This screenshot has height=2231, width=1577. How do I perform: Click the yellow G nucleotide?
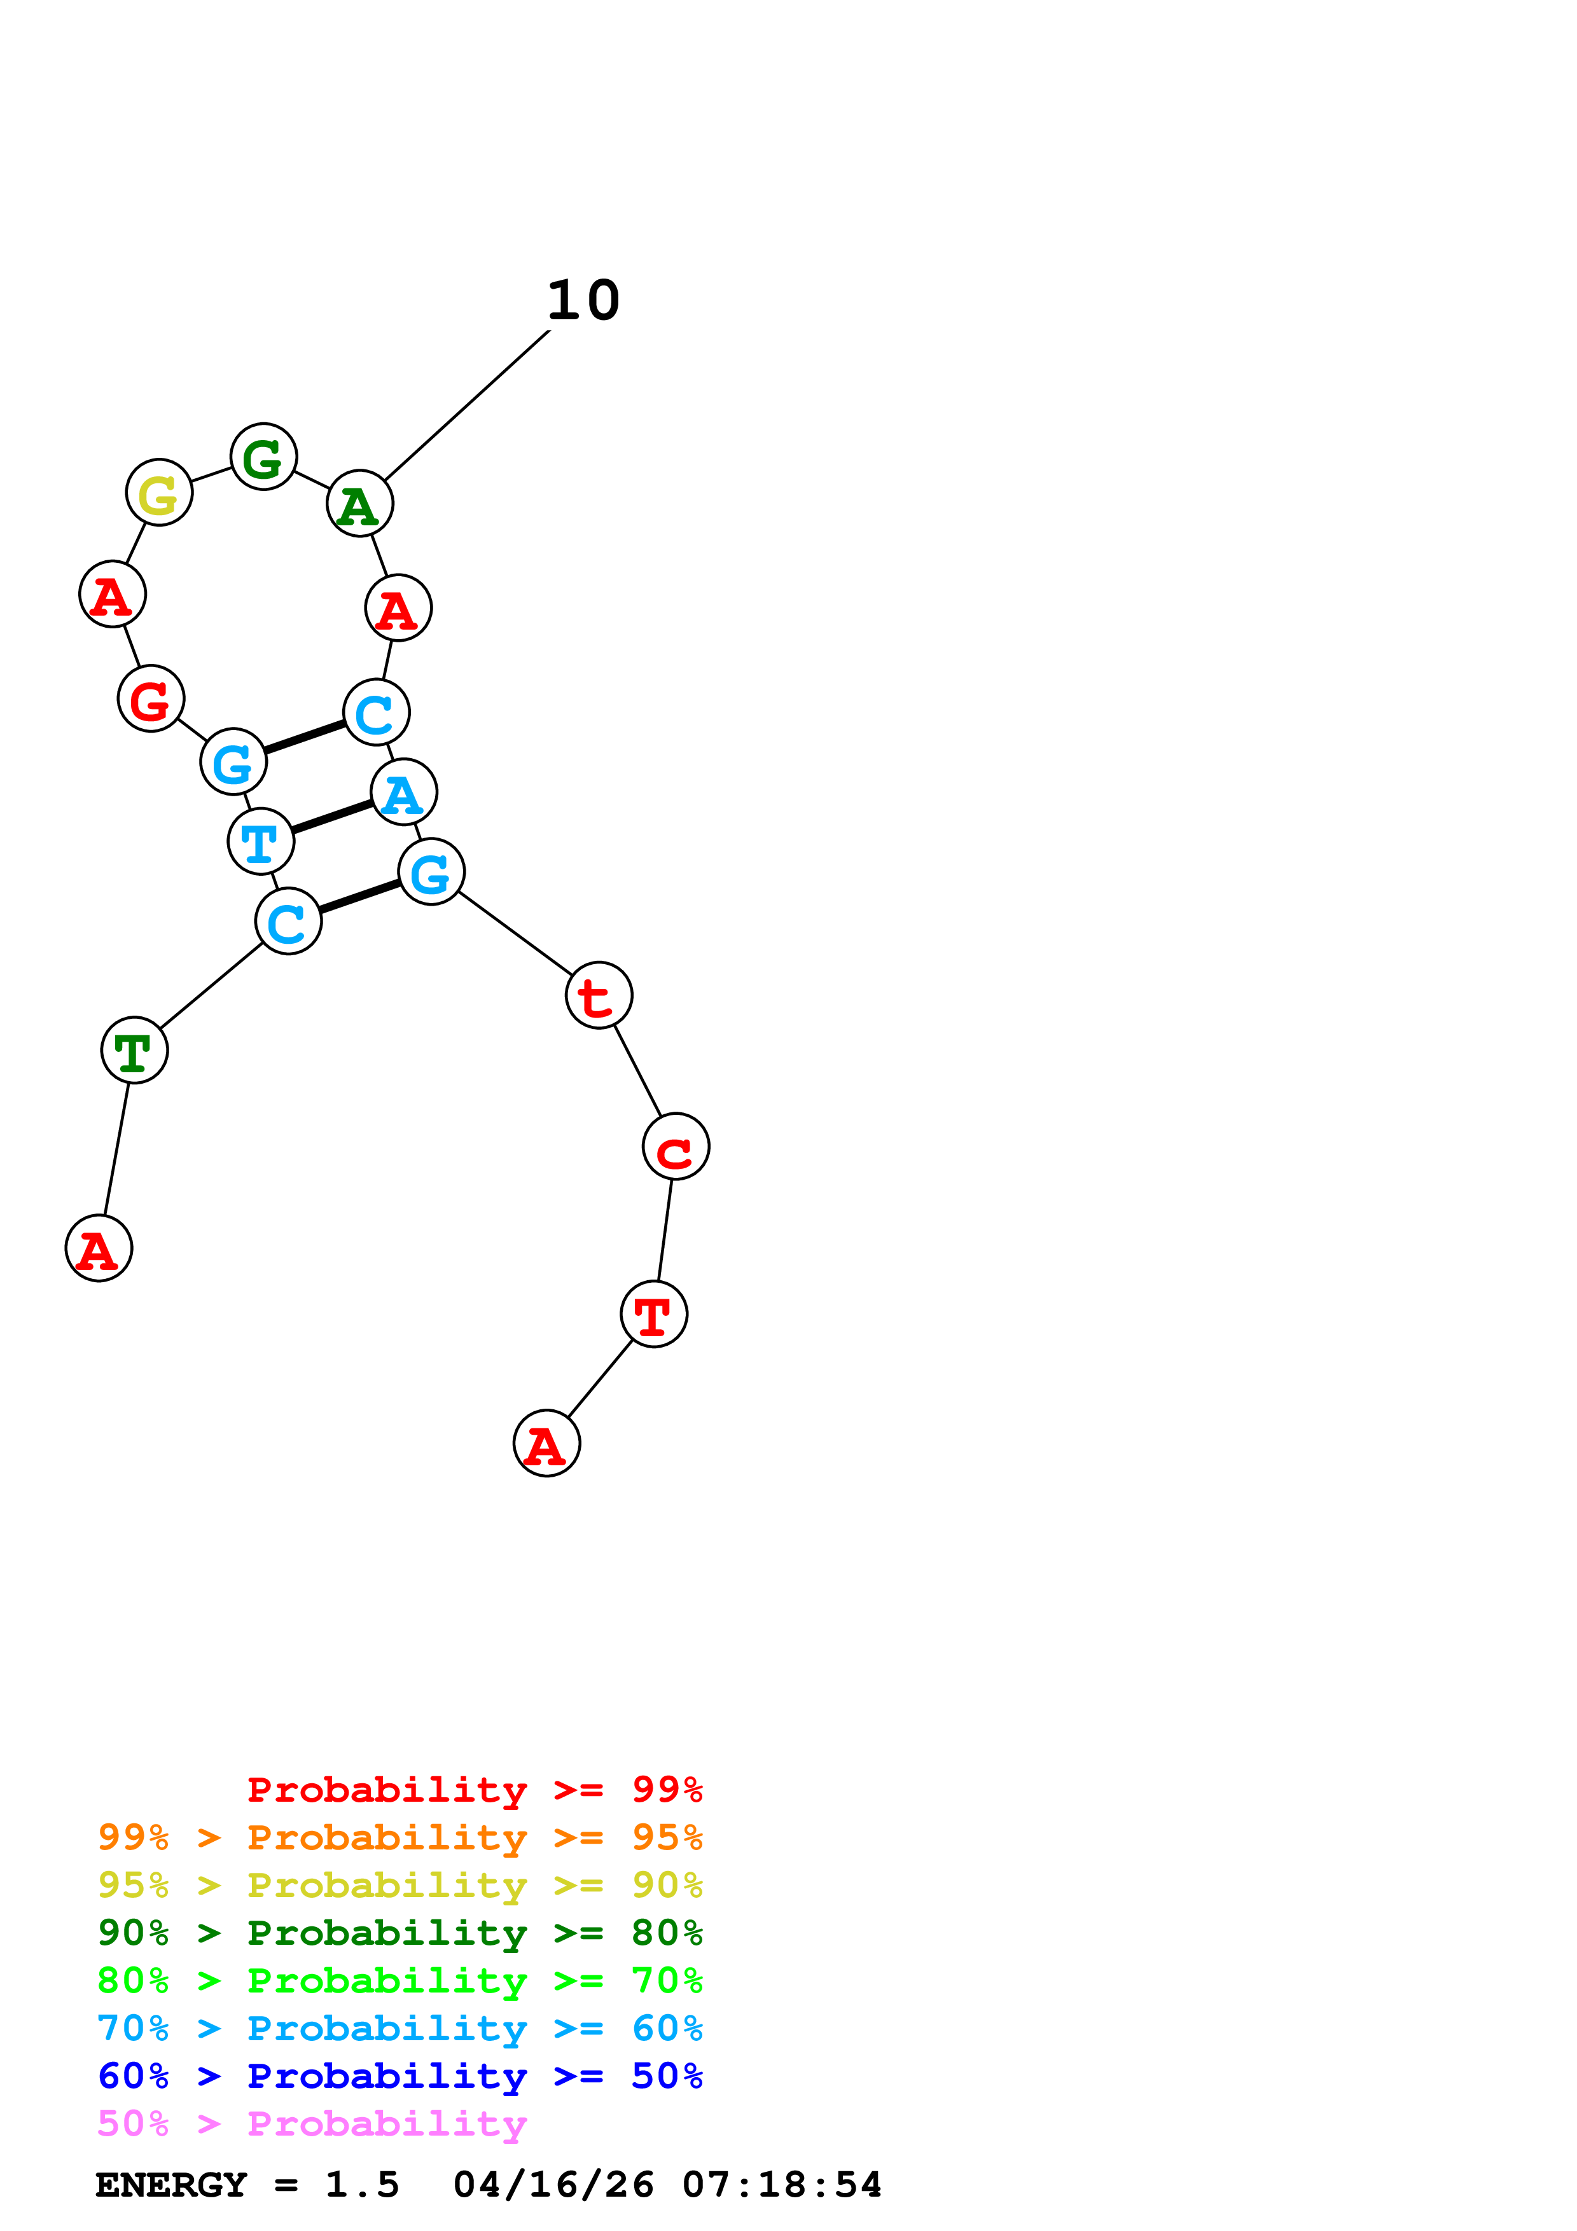click(159, 493)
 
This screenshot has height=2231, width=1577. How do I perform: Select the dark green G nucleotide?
click(263, 457)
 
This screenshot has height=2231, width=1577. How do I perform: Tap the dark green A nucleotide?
click(359, 504)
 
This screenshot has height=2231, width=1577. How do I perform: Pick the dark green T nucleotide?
click(134, 1051)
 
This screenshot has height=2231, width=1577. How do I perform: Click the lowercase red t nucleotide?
click(599, 995)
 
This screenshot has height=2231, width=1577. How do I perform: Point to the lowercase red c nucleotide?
click(676, 1147)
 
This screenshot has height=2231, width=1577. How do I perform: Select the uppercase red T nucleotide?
click(654, 1315)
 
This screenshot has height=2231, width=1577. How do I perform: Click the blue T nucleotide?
click(260, 841)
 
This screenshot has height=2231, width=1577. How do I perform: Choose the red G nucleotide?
click(151, 699)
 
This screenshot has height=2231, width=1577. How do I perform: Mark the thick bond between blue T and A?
click(332, 817)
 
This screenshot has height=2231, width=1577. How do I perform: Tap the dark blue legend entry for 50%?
click(399, 2076)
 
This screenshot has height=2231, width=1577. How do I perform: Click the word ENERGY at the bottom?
click(171, 2185)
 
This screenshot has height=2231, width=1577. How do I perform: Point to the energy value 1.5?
click(361, 2185)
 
